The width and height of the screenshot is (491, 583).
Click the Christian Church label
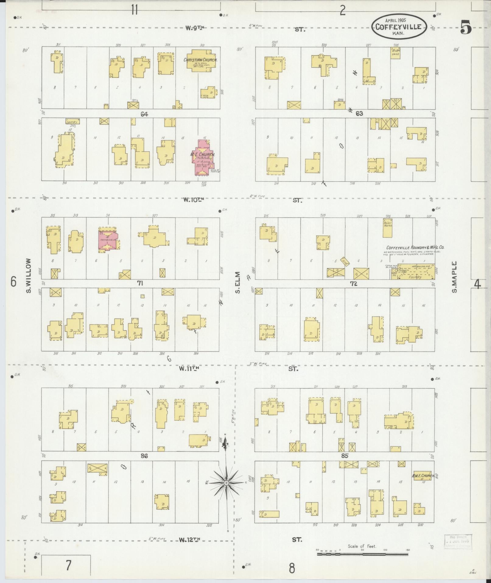(x=200, y=60)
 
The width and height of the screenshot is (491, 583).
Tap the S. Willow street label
(x=29, y=276)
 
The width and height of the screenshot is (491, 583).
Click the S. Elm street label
(x=238, y=283)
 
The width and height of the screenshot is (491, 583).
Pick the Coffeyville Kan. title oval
(x=398, y=27)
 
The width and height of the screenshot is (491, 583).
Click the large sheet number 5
(x=466, y=27)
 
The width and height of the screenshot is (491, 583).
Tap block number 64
(x=144, y=114)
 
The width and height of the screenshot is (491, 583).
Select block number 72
(x=353, y=284)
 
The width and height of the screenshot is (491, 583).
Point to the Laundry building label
(x=72, y=121)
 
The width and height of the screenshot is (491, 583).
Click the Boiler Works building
(x=387, y=228)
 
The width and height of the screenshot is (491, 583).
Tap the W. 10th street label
(x=193, y=200)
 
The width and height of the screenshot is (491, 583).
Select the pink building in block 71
(x=108, y=240)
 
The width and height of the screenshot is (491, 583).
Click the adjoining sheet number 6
(x=13, y=282)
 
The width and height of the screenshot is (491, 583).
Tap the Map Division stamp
(x=458, y=541)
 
